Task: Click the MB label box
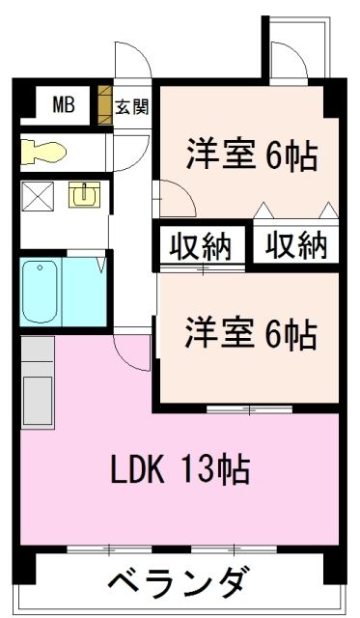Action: [x=62, y=103]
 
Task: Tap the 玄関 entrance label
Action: [x=132, y=106]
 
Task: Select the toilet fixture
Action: [x=43, y=152]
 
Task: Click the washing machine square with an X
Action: [x=37, y=197]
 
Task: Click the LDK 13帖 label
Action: [x=180, y=469]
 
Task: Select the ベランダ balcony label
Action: [x=179, y=582]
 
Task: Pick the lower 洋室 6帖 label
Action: [x=250, y=334]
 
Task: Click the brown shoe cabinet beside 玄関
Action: [x=105, y=105]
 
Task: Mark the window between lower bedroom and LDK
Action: [x=249, y=411]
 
